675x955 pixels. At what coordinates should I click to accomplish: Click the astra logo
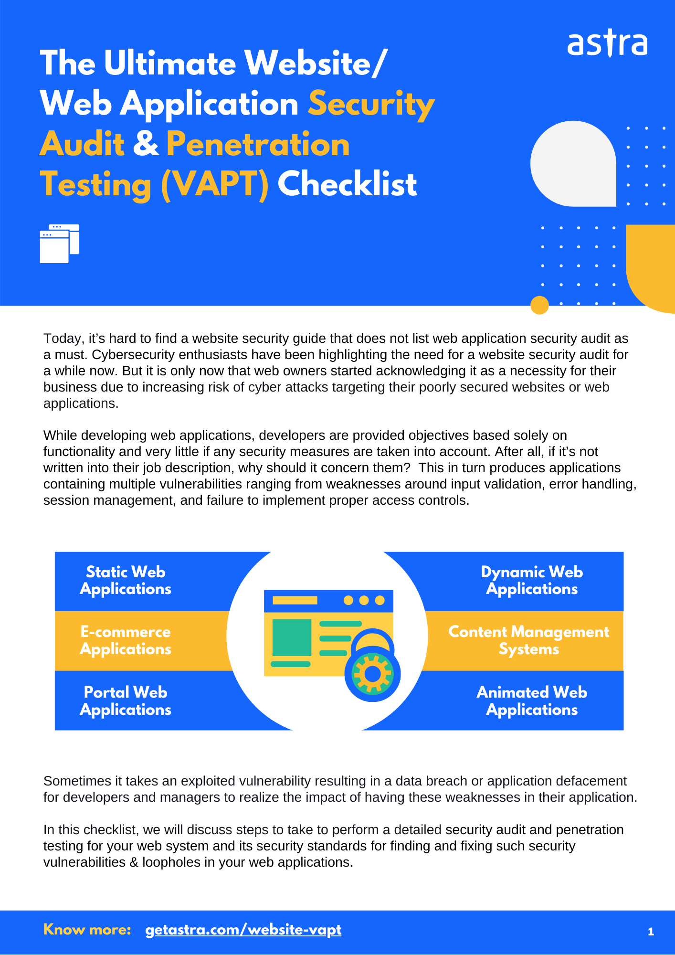click(607, 44)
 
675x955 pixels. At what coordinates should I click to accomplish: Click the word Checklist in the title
click(347, 184)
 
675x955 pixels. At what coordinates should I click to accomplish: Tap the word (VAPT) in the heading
click(214, 184)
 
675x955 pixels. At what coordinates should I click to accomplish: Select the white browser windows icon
click(59, 244)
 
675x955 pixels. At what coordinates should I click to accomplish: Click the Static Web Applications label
click(126, 581)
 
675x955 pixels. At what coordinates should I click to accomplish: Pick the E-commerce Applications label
click(126, 640)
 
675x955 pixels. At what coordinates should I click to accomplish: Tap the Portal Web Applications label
click(126, 701)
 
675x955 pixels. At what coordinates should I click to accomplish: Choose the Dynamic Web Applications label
click(532, 581)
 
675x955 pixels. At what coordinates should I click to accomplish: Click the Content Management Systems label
click(528, 640)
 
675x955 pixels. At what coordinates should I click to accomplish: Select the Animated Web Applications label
click(532, 701)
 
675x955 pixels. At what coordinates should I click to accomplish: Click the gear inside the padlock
click(373, 674)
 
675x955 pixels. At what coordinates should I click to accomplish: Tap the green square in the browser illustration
click(292, 637)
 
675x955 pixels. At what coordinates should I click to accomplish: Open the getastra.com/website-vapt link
click(243, 930)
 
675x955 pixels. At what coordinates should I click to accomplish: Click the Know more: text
click(87, 930)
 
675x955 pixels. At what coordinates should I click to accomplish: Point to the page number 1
click(651, 932)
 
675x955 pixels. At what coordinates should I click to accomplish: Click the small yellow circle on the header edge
click(539, 305)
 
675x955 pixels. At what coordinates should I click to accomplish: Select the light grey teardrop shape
click(573, 164)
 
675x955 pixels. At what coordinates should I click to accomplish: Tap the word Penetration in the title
click(258, 144)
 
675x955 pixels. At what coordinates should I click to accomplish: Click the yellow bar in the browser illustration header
click(295, 600)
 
